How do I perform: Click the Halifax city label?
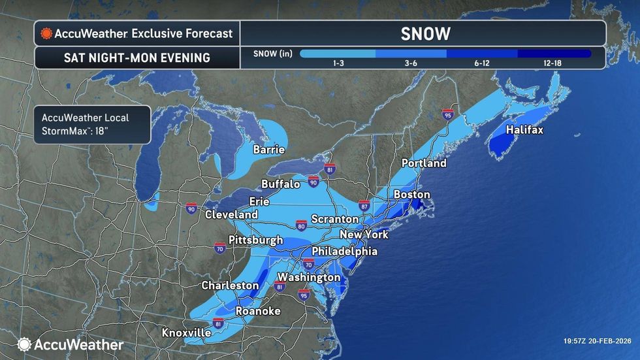[524, 130]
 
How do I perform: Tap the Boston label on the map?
[411, 195]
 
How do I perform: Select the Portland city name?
[424, 163]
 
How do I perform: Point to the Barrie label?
[269, 150]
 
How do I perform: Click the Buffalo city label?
[280, 184]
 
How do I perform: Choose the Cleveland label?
[231, 214]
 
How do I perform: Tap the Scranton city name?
[334, 219]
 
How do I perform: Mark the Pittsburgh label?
[255, 240]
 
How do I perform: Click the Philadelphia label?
[344, 251]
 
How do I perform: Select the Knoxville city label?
[186, 333]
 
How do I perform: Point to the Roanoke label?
[257, 311]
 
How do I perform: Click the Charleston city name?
[230, 286]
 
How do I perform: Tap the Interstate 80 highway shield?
[301, 226]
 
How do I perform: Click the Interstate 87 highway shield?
[364, 205]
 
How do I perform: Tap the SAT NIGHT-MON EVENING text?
[136, 57]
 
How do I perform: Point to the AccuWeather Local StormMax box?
[92, 124]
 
